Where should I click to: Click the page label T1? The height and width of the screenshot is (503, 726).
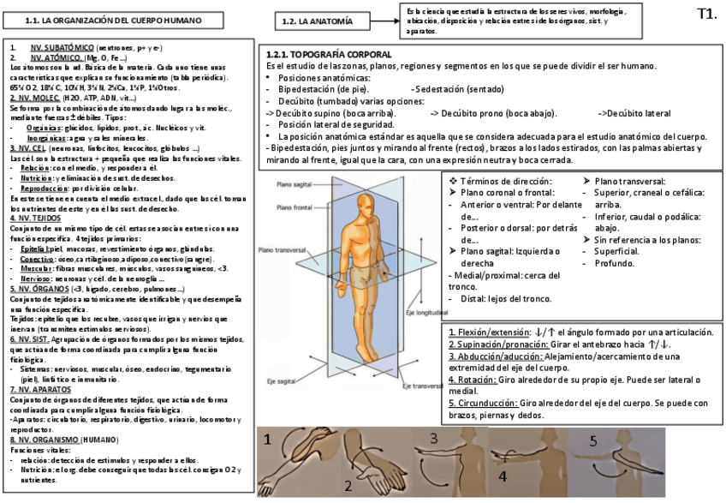click(706, 13)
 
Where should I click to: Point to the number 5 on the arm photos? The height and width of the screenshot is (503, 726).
click(592, 442)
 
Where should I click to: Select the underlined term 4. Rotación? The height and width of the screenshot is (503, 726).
click(472, 379)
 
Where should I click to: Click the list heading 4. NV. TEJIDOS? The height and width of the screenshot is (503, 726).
click(36, 219)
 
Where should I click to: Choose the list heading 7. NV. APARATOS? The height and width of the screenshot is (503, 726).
click(39, 389)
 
